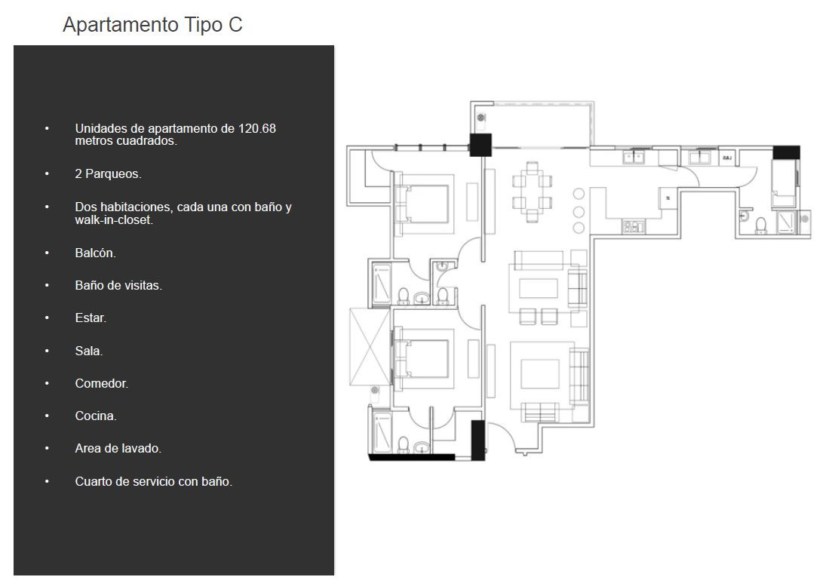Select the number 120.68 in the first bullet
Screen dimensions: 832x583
(256, 128)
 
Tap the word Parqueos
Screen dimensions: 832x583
(113, 174)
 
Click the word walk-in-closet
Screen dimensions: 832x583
(114, 219)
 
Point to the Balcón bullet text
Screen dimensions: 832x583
(96, 253)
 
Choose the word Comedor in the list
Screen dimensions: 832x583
(101, 384)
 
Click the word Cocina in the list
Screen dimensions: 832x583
(96, 416)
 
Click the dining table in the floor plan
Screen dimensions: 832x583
(533, 192)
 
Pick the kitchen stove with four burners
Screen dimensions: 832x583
(634, 226)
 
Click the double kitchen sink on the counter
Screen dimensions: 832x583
(633, 157)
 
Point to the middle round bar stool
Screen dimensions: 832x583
(579, 211)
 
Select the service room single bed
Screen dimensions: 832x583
(783, 183)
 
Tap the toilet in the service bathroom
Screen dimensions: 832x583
(761, 226)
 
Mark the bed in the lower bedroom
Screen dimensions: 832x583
(422, 358)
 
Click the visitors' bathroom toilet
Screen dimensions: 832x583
(443, 296)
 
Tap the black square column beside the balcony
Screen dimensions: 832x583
(480, 145)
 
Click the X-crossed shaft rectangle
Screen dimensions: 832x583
(370, 346)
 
